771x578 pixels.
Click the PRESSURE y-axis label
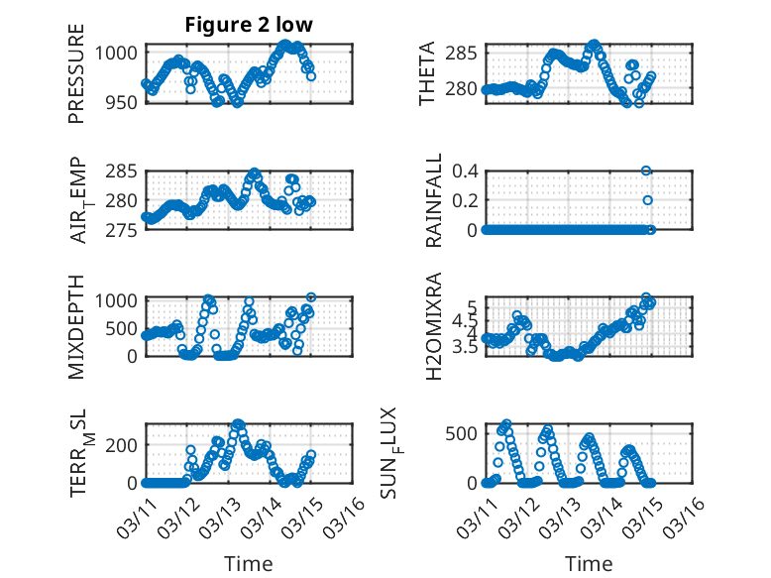point(76,74)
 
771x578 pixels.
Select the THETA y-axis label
point(427,74)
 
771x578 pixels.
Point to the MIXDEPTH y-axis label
point(76,327)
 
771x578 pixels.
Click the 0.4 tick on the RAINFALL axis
point(466,171)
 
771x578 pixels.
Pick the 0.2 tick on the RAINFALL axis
point(466,200)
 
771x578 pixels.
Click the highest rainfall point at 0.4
point(646,171)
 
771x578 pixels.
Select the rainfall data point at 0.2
point(648,200)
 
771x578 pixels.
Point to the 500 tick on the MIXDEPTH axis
point(123,327)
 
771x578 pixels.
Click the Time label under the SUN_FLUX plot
point(589,563)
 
